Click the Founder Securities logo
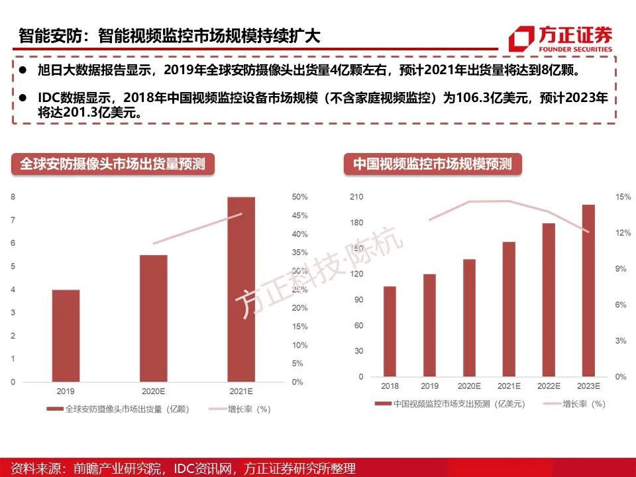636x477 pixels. click(x=560, y=38)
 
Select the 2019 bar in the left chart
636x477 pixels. click(x=66, y=336)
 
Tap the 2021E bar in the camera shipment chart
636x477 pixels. click(x=241, y=290)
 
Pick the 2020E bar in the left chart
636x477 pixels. click(x=154, y=319)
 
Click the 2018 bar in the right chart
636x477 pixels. click(x=390, y=331)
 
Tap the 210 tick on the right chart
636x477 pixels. click(x=356, y=197)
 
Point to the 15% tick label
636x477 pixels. click(x=622, y=197)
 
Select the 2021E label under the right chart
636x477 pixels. click(x=509, y=386)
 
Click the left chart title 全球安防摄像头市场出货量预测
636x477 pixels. click(x=113, y=164)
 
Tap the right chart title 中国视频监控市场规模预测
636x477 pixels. click(x=432, y=164)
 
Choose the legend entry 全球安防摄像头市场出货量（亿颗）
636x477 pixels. click(x=119, y=409)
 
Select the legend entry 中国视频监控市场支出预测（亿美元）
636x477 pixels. click(x=450, y=403)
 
